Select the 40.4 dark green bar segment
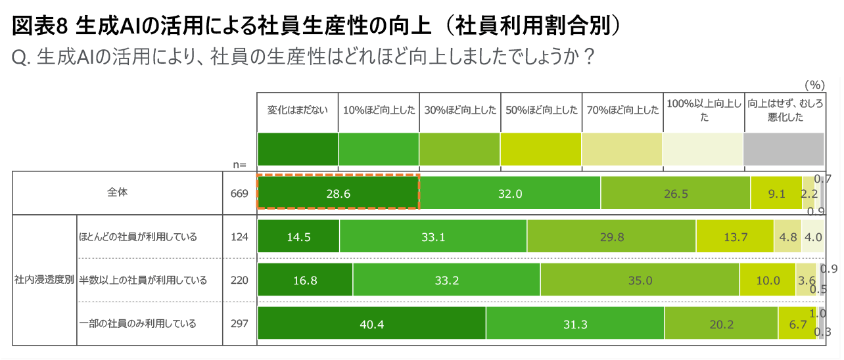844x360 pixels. point(371,324)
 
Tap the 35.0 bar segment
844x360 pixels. point(640,281)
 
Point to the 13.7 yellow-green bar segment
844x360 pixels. point(735,236)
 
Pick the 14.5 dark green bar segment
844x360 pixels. point(298,236)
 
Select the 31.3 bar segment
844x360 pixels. point(575,324)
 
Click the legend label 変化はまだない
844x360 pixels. point(297,110)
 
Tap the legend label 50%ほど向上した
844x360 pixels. point(541,110)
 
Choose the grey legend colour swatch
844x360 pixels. point(784,149)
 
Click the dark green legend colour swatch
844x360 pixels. point(297,149)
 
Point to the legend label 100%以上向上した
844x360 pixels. point(703,110)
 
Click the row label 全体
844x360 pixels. point(118,193)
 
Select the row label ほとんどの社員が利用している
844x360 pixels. point(138,236)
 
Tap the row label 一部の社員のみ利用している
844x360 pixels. point(138,323)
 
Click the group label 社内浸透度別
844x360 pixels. point(44,280)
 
